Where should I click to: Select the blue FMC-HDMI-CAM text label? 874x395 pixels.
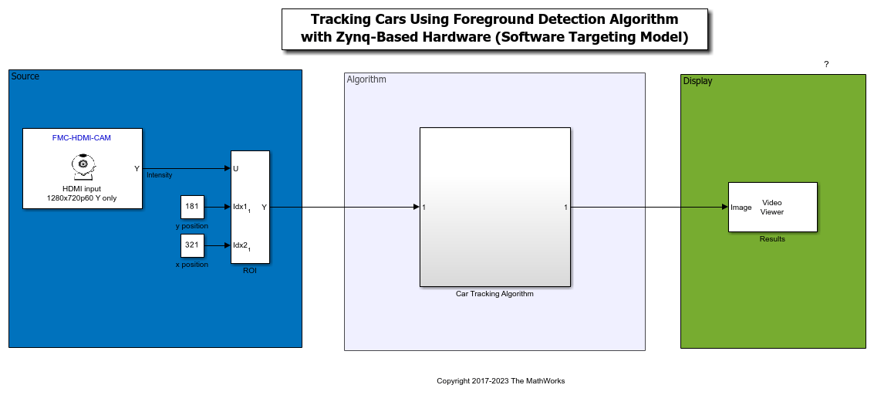82,137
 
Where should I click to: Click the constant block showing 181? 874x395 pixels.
192,207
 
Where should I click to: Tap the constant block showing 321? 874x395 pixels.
192,245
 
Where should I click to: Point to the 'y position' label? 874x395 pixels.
192,226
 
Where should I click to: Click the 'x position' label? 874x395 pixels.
192,265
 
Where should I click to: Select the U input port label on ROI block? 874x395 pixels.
235,168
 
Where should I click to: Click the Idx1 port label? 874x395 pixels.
241,208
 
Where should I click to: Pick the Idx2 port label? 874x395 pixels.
241,246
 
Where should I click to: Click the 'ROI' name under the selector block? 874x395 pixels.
250,270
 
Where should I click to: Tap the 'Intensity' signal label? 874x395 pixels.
160,175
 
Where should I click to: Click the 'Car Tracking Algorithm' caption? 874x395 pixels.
494,294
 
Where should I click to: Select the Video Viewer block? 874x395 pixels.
772,207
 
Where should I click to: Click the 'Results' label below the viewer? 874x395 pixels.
772,239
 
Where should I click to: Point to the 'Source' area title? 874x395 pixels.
25,76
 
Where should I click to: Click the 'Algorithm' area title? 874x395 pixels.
366,79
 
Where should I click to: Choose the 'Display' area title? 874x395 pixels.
697,81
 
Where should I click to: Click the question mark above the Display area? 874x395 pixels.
826,64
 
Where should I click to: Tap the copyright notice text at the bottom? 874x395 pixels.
501,381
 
